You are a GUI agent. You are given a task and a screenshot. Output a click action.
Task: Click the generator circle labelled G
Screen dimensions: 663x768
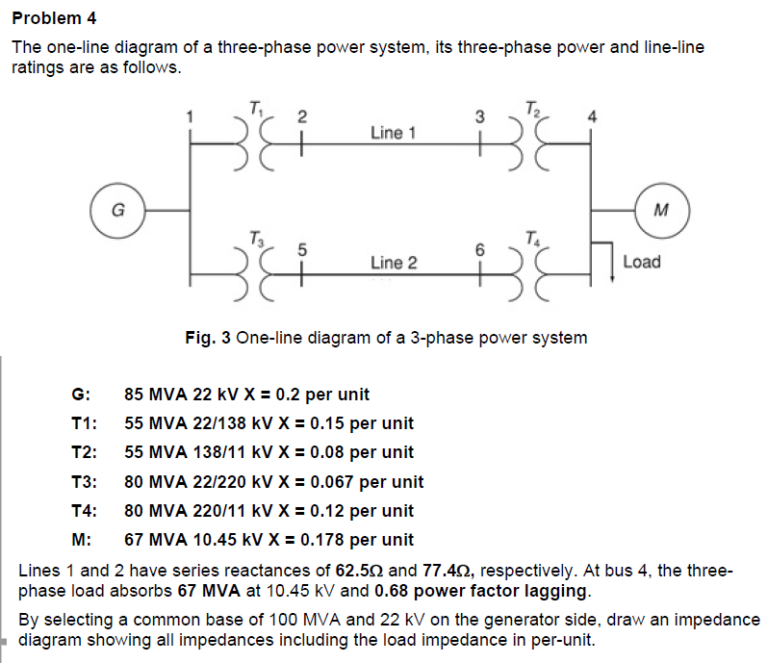pos(117,208)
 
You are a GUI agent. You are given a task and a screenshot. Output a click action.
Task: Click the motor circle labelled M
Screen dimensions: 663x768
pos(660,208)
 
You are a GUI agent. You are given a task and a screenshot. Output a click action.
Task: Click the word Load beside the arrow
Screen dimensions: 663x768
pos(642,261)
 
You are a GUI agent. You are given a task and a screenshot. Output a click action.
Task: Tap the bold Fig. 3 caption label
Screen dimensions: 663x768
pos(209,338)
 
